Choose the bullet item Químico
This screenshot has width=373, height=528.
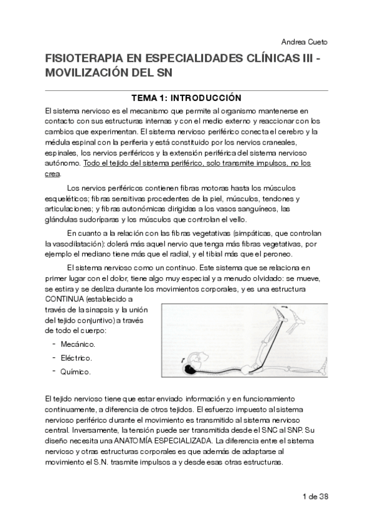tap(75, 372)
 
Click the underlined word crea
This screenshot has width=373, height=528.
tap(52, 174)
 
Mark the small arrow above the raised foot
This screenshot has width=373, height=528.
tap(285, 308)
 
